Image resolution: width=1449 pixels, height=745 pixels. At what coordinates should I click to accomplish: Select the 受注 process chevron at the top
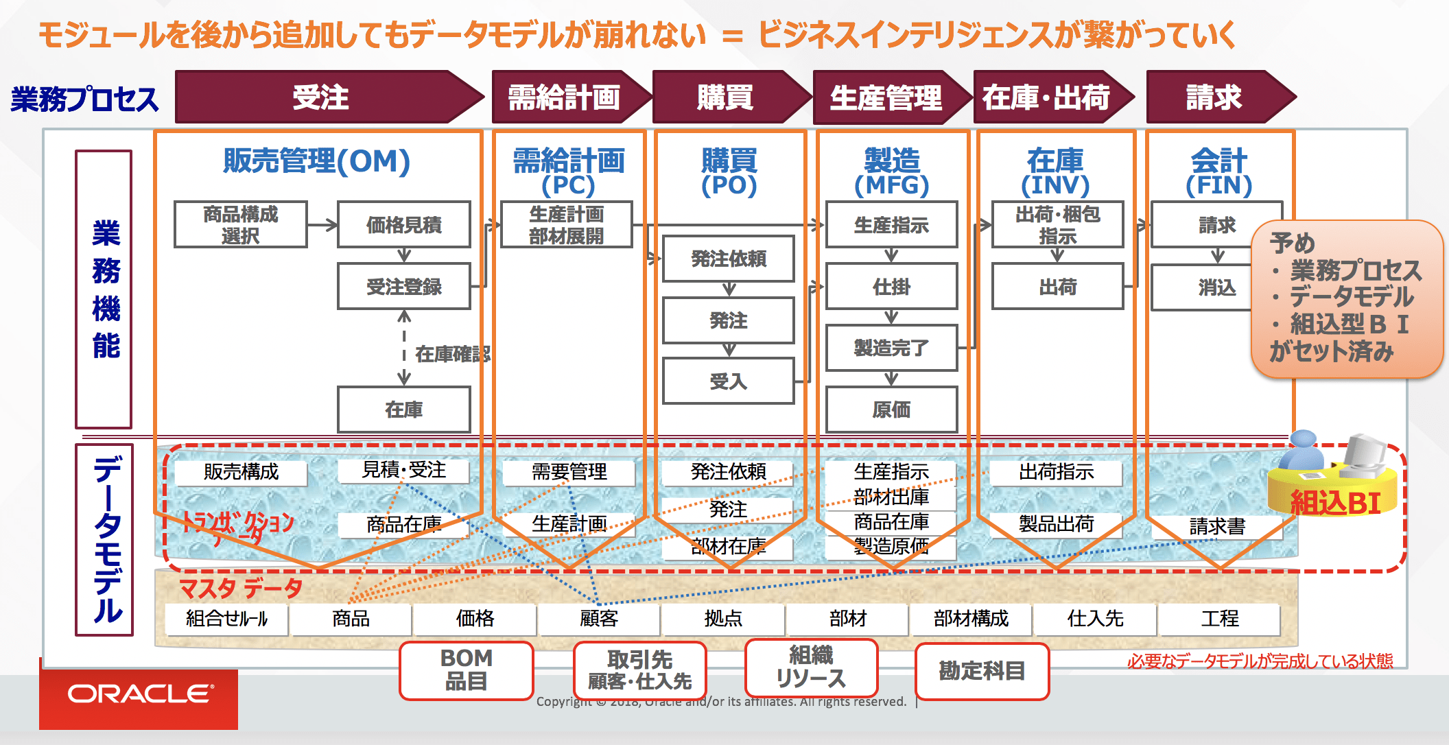pyautogui.click(x=321, y=97)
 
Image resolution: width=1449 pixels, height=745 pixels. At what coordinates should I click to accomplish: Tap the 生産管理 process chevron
pyautogui.click(x=886, y=97)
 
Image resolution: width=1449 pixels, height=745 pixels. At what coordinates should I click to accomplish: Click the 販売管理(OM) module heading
pyautogui.click(x=316, y=162)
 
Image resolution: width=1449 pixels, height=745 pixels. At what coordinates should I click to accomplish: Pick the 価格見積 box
pyautogui.click(x=404, y=224)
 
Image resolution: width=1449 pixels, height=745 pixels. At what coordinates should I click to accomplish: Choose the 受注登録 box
pyautogui.click(x=404, y=286)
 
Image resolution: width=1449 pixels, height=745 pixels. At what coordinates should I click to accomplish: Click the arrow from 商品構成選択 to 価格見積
pyautogui.click(x=322, y=224)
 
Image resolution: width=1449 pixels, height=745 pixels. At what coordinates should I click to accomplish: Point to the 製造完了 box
pyautogui.click(x=891, y=348)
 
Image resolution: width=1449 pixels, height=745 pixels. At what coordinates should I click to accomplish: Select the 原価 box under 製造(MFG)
pyautogui.click(x=891, y=410)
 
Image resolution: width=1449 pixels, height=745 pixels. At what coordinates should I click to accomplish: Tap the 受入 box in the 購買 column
pyautogui.click(x=728, y=381)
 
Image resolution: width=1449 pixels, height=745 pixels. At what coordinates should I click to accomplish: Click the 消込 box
pyautogui.click(x=1216, y=287)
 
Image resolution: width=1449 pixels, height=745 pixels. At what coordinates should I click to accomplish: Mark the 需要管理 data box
pyautogui.click(x=569, y=472)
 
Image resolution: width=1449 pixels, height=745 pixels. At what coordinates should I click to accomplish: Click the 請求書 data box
pyautogui.click(x=1216, y=526)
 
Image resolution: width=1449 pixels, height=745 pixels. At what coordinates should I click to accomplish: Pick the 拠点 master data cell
pyautogui.click(x=723, y=619)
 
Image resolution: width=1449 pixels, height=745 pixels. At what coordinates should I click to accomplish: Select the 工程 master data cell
pyautogui.click(x=1219, y=619)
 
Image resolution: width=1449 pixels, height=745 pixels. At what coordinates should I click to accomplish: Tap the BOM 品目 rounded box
pyautogui.click(x=467, y=670)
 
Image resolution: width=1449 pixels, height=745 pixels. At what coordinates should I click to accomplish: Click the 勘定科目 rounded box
pyautogui.click(x=982, y=671)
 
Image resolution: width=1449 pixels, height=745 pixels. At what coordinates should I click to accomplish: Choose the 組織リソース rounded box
pyautogui.click(x=811, y=667)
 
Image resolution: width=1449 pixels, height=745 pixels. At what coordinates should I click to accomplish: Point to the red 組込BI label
pyautogui.click(x=1334, y=503)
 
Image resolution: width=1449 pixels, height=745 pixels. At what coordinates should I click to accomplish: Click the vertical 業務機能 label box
pyautogui.click(x=104, y=289)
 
